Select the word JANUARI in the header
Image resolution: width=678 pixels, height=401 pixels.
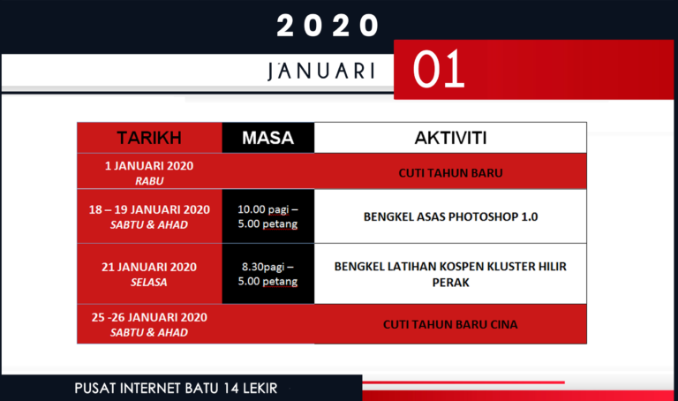[x=320, y=71]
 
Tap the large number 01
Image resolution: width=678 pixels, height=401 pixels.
[x=439, y=71]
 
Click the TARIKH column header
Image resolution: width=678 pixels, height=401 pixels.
[x=149, y=138]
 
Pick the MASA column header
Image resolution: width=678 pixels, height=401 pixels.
[x=267, y=138]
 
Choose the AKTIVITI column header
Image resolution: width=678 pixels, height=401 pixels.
[x=450, y=138]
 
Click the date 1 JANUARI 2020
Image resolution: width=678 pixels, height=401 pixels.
[x=149, y=166]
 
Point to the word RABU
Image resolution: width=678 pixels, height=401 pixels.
[x=149, y=179]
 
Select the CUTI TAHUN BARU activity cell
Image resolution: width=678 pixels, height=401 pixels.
[x=450, y=172]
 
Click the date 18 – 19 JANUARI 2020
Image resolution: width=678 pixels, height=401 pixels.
[x=149, y=209]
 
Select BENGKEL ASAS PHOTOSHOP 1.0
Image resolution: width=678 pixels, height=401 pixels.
[x=450, y=216]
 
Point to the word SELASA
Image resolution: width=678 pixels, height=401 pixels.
[x=149, y=282]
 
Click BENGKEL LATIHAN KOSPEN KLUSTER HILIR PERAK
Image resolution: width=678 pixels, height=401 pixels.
[x=450, y=274]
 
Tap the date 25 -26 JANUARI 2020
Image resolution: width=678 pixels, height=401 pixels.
[x=149, y=318]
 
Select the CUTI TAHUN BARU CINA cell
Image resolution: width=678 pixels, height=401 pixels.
[x=450, y=324]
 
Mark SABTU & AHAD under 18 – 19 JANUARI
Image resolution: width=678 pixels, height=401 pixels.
[x=149, y=223]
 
